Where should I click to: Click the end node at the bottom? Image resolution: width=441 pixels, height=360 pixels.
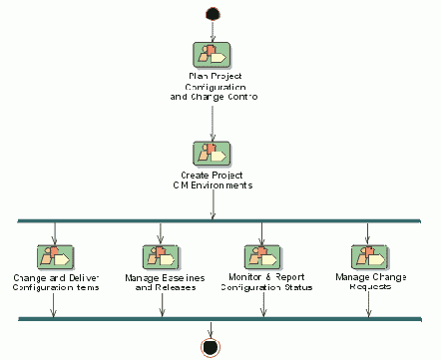[x=211, y=347]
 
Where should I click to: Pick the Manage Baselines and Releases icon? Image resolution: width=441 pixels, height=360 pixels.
[x=160, y=255]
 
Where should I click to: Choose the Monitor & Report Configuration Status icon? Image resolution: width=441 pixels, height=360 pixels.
[x=263, y=255]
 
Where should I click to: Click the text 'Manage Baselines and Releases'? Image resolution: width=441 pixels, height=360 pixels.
[x=160, y=281]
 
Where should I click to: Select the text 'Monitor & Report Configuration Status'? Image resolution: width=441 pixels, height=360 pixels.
[x=265, y=281]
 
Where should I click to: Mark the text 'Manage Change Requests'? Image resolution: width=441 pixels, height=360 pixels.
[x=371, y=281]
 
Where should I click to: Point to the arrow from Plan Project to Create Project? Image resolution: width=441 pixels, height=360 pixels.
[x=212, y=120]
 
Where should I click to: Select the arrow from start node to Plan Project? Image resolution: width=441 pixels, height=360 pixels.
[x=212, y=29]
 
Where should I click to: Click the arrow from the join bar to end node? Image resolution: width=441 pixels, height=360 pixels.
[x=211, y=329]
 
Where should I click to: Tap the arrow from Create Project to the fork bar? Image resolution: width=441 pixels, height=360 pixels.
[x=212, y=204]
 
